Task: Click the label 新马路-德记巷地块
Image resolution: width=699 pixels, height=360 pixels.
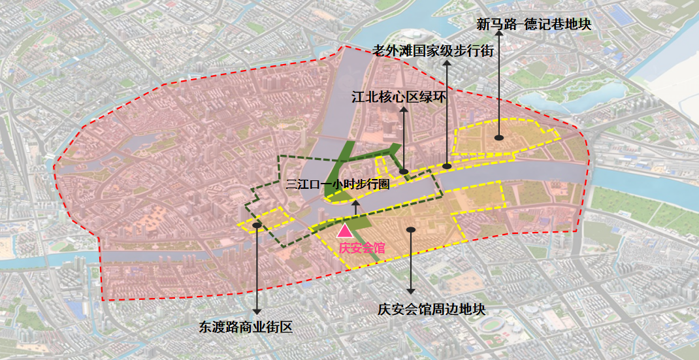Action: (534, 25)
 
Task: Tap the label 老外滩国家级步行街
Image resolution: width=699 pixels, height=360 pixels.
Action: (432, 51)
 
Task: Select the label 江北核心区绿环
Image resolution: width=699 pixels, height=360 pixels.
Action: (398, 97)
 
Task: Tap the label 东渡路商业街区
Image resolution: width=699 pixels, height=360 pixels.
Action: (246, 327)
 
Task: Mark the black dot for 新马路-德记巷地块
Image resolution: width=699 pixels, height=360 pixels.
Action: (498, 138)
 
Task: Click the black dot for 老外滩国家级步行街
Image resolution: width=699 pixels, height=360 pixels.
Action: (447, 166)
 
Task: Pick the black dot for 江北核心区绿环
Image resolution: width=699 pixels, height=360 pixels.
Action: (404, 172)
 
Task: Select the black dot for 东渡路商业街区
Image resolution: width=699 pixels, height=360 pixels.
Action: (257, 224)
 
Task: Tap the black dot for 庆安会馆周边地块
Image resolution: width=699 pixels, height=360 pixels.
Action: (410, 229)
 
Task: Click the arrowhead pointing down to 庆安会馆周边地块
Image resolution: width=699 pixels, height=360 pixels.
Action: (410, 289)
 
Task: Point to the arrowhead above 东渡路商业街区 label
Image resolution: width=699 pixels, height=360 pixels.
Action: (257, 310)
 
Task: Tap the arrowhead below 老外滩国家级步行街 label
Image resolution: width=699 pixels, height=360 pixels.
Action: (447, 65)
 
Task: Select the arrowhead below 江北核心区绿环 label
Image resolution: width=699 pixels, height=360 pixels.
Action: (404, 110)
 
